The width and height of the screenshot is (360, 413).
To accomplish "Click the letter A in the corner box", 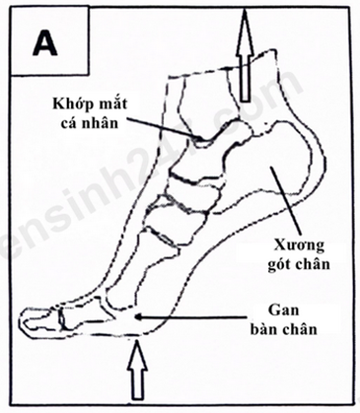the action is [x=44, y=42].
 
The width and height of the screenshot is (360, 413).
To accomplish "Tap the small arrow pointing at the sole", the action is [x=143, y=317].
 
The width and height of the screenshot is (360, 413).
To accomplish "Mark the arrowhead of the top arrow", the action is [x=244, y=30].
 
